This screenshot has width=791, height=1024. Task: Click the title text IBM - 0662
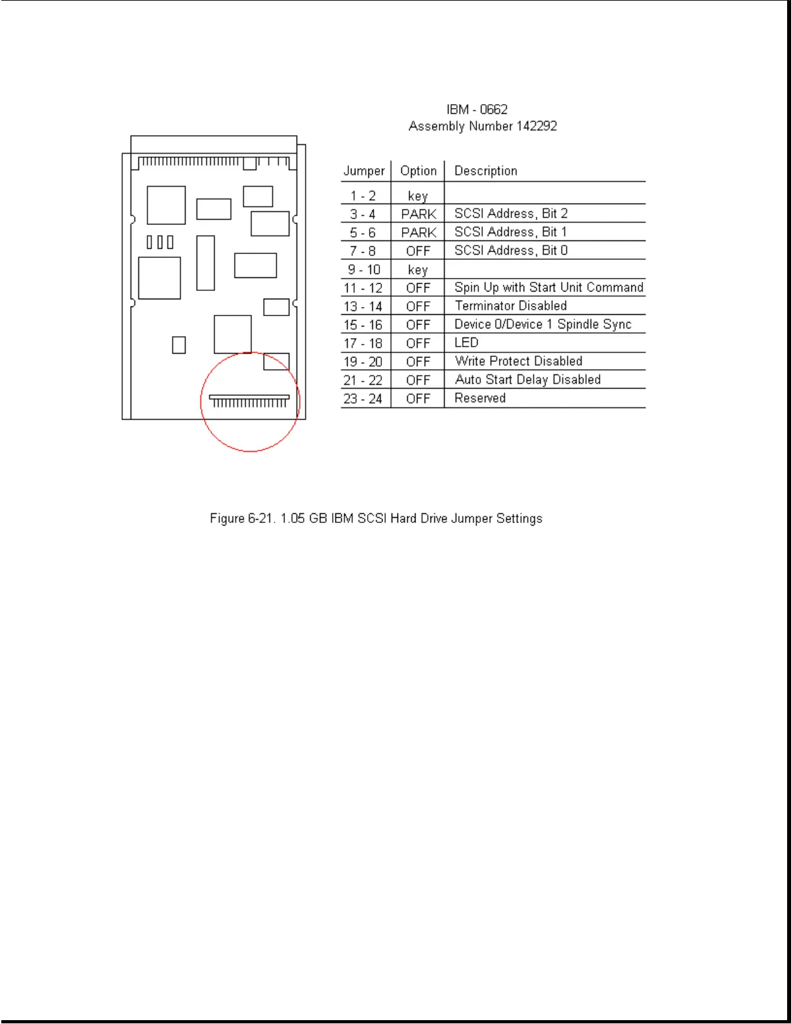(477, 109)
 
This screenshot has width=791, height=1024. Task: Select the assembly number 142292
(536, 126)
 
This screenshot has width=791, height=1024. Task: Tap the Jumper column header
(364, 171)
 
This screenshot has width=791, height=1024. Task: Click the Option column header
(418, 171)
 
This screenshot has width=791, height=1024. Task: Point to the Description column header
(486, 171)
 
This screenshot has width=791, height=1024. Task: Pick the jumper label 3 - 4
(363, 214)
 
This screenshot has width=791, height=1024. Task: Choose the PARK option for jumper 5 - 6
(418, 233)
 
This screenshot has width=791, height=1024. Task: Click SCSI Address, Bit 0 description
(511, 250)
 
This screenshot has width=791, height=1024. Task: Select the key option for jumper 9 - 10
(417, 270)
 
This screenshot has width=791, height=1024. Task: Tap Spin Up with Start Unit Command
(549, 287)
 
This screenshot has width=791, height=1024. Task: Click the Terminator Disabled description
(511, 306)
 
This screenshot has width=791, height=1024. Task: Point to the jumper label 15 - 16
(363, 325)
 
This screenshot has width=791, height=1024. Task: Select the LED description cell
(466, 343)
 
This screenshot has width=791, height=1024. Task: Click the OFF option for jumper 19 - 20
(418, 362)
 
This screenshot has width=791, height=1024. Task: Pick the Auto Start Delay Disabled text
(527, 379)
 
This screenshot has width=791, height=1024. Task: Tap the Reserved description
(480, 398)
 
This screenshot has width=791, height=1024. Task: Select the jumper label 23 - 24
(363, 399)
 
